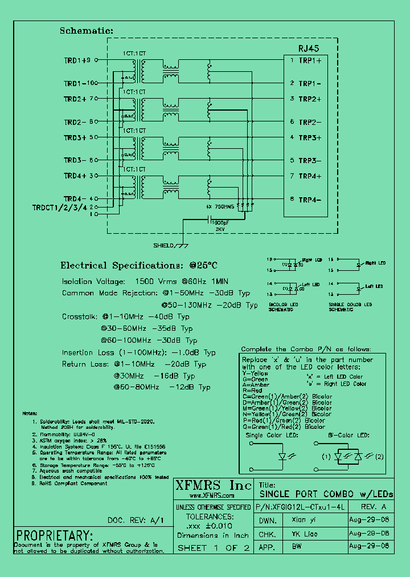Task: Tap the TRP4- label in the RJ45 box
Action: point(310,200)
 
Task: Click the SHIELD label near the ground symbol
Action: point(165,246)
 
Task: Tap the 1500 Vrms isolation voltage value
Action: point(157,282)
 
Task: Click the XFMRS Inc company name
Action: point(212,485)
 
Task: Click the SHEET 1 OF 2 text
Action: point(214,548)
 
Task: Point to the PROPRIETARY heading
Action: point(54,536)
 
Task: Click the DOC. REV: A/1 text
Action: point(136,521)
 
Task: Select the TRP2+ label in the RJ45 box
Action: point(310,99)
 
